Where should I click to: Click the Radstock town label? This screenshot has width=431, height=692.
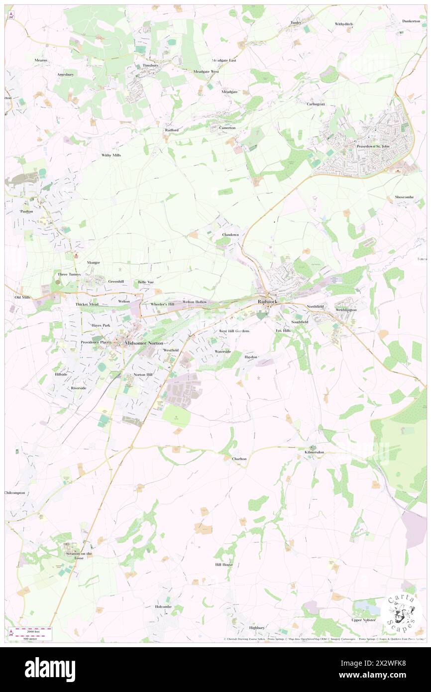click(x=268, y=302)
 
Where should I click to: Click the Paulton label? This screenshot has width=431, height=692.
click(x=26, y=211)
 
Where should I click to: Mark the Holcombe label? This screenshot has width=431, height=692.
click(x=163, y=606)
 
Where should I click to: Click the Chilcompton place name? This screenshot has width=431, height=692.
click(x=14, y=493)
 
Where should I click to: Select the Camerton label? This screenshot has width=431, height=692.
click(x=227, y=128)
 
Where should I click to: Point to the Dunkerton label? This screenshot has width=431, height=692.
click(x=411, y=21)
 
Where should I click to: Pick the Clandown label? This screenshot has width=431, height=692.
click(x=230, y=234)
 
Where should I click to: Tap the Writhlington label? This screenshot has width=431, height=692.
click(x=346, y=310)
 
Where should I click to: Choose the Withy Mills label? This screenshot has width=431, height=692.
click(x=111, y=155)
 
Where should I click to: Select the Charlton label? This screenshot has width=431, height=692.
click(x=239, y=459)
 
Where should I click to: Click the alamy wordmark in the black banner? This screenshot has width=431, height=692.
click(x=50, y=669)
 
